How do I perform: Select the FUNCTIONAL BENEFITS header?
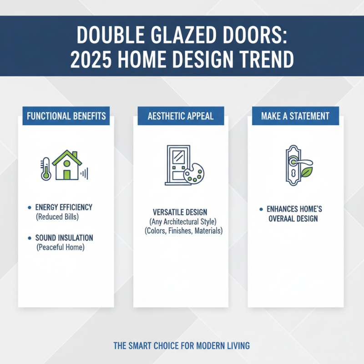66,116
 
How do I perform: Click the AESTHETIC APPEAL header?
181,116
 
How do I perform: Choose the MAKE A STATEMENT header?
295,116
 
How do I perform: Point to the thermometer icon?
45,168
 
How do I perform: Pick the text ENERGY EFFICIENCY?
64,207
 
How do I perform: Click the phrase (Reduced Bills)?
57,217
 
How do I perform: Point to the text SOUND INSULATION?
64,238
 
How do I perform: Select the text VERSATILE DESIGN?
181,212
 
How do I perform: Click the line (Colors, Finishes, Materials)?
181,231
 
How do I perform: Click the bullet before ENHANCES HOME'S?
261,209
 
